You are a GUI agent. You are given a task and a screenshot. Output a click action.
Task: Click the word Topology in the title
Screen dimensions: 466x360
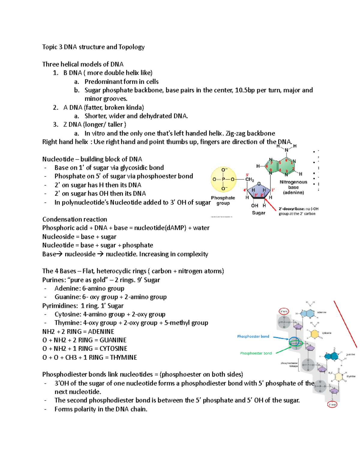[x=131, y=47]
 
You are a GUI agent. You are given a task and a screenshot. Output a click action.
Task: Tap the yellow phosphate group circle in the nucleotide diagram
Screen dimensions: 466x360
[x=223, y=179]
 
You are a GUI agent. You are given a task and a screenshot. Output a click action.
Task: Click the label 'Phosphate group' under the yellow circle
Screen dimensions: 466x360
[x=223, y=200]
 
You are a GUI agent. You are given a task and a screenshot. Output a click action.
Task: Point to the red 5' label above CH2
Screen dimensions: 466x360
[x=247, y=175]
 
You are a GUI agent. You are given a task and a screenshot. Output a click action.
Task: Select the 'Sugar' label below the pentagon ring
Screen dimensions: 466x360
[x=258, y=213]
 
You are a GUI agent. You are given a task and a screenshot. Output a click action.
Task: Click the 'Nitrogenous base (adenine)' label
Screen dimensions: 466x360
[x=293, y=187]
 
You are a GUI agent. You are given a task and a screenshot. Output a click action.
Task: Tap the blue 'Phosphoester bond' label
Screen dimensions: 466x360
[x=253, y=336]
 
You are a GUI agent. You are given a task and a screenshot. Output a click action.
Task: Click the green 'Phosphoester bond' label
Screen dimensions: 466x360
[x=256, y=353]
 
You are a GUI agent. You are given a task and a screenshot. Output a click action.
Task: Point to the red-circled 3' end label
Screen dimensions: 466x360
[x=332, y=404]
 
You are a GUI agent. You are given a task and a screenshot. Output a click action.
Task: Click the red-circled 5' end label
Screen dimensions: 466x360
[x=284, y=311]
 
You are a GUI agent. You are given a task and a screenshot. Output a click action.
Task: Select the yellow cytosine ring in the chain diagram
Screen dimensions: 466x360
[x=314, y=334]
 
